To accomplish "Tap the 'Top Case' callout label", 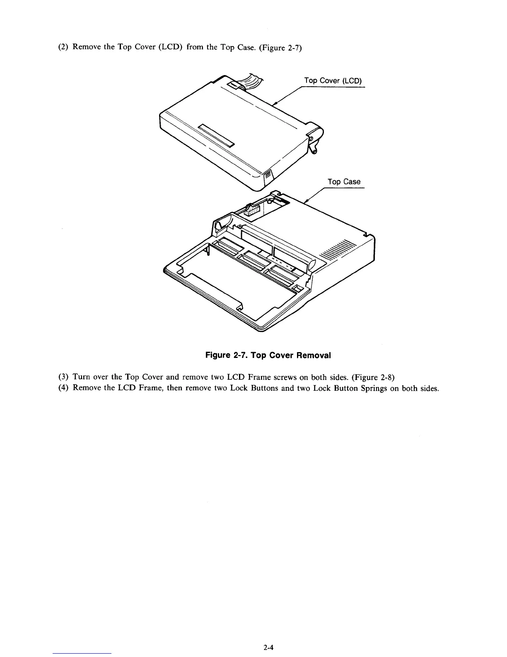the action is tap(344, 182).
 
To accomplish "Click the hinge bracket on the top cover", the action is tap(316, 136).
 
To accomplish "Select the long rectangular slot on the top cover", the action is tap(216, 135).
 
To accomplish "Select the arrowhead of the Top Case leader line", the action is tap(306, 202).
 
